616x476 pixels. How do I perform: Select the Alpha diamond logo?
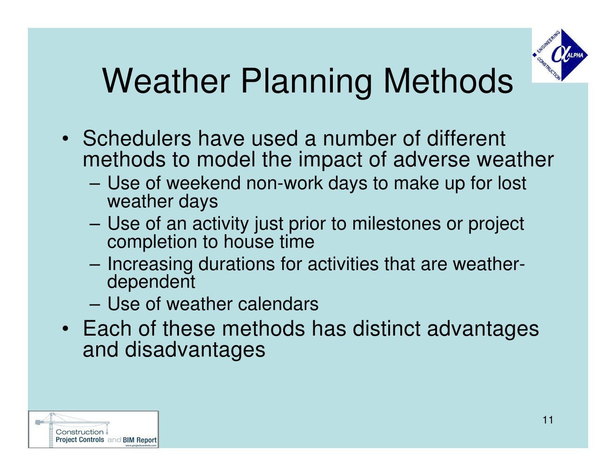pos(560,55)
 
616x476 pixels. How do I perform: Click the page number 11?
pos(548,420)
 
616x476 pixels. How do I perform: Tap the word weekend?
pos(204,183)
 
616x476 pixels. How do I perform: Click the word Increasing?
pos(150,264)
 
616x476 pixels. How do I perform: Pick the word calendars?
pos(278,304)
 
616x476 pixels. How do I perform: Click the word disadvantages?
pos(195,350)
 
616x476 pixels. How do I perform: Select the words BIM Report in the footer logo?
pos(139,440)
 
